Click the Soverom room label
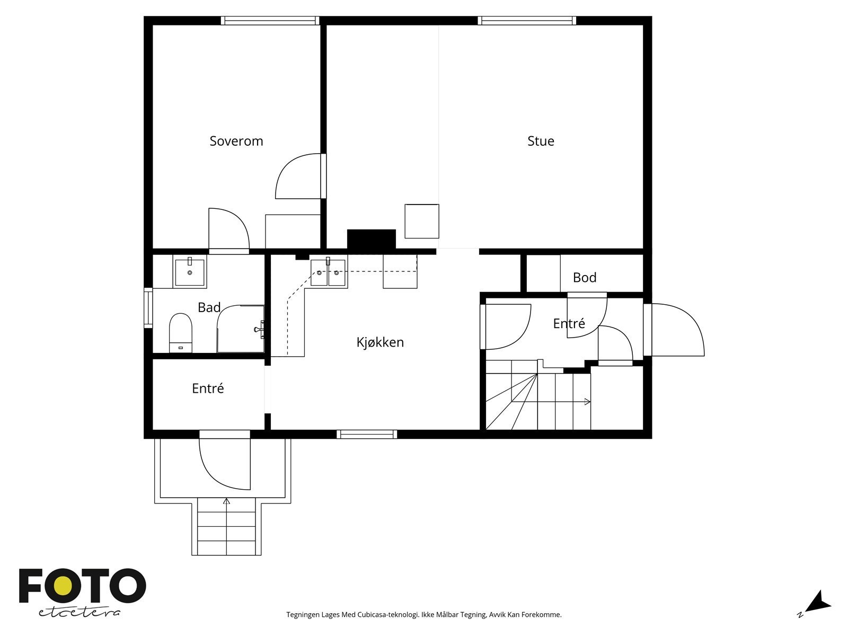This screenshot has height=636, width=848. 236,141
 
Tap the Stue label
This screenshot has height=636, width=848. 541,141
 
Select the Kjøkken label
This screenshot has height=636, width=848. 380,342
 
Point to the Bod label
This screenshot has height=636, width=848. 585,277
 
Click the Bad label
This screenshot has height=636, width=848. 209,307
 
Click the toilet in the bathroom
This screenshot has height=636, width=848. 180,332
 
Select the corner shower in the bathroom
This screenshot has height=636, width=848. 241,329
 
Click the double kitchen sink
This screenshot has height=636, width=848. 328,272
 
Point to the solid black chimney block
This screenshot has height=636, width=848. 372,240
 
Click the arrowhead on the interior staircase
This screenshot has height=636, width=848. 588,402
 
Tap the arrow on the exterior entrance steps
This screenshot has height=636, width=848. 226,501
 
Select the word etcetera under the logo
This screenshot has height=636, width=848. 79,612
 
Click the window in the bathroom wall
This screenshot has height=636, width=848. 148,308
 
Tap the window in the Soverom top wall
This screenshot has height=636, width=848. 270,21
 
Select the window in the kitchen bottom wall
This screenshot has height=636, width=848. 367,434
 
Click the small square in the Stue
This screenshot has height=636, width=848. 422,221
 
